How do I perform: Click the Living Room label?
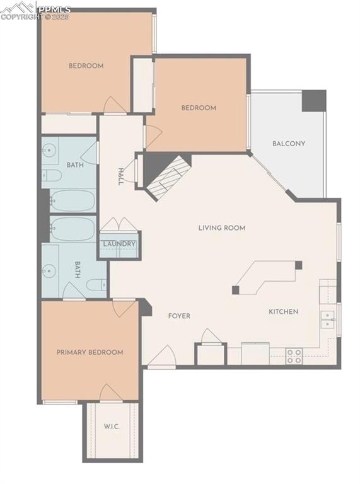221,228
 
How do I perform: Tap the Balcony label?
289,144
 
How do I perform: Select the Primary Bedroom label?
90,352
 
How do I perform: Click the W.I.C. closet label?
112,427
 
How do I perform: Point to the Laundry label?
119,244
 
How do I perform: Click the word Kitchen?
284,311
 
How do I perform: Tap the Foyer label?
179,316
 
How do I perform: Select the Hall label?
120,176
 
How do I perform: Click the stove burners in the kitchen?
294,356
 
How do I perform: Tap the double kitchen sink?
327,320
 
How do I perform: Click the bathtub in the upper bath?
73,200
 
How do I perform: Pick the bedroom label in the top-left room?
86,66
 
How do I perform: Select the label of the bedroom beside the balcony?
199,108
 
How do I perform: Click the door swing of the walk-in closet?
111,393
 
